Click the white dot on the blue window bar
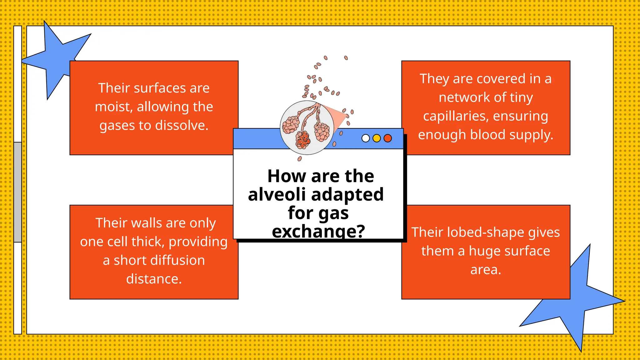tap(365, 138)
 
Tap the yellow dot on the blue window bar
tap(377, 138)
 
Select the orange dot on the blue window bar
tap(387, 138)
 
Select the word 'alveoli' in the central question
tap(276, 194)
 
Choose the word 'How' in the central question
tap(287, 176)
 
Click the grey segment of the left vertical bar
tap(18, 192)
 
